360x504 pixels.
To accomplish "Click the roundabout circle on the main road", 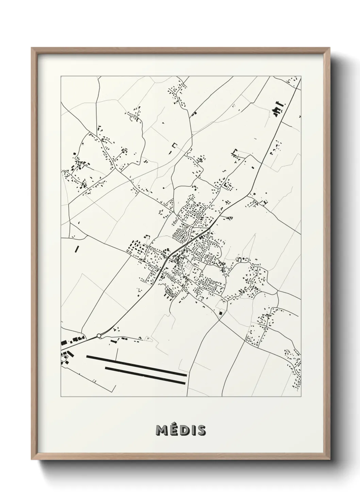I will click(99, 336).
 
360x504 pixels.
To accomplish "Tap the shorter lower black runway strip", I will click(146, 376).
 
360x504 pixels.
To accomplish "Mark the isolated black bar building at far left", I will click(77, 249).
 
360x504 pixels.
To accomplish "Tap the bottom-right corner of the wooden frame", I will click(329, 461).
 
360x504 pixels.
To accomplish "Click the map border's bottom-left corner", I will click(61, 397).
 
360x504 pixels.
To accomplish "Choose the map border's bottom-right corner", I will click(301, 397).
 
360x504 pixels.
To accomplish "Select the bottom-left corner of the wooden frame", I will click(32, 461).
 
